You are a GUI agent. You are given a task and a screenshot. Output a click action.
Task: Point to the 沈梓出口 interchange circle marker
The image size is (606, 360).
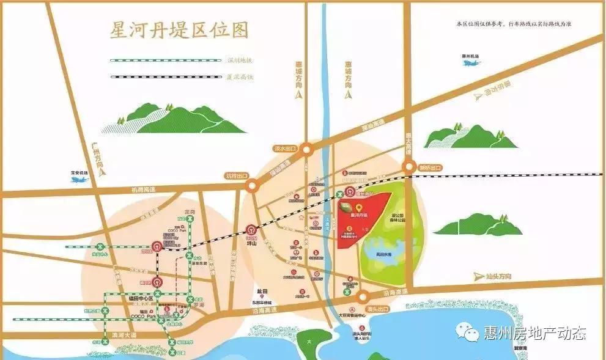click(251, 187)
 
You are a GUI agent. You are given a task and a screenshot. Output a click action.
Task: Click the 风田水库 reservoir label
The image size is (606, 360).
click(384, 254)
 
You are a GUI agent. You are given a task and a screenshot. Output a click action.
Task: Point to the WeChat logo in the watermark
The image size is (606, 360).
click(470, 333)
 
